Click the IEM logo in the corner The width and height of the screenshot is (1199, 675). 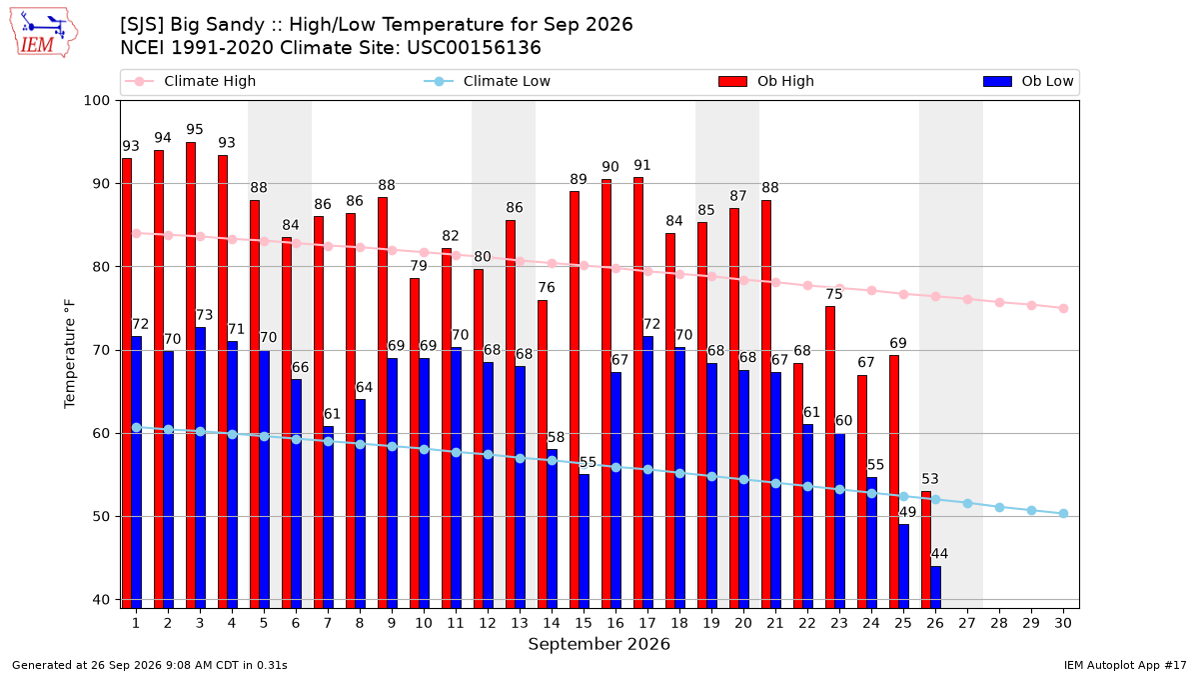coord(43,33)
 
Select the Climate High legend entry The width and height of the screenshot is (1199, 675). coord(190,81)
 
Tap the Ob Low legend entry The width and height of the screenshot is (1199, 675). coord(1028,81)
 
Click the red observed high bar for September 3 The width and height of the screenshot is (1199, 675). coord(191,375)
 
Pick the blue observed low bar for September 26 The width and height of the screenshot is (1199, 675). coord(935,587)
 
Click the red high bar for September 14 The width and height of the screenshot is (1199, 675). coord(543,454)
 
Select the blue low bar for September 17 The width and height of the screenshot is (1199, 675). coord(647,472)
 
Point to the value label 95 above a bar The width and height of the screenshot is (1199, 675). coord(195,130)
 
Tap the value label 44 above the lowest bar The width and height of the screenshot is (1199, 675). coord(939,553)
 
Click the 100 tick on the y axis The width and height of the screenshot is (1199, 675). coord(96,101)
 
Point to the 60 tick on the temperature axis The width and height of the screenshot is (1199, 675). coord(101,433)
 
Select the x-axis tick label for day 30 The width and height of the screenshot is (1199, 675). coord(1063,623)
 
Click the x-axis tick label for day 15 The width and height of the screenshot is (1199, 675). coord(584,623)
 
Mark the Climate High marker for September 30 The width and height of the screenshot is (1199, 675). coord(1063,309)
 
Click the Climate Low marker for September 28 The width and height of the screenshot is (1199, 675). coord(999,507)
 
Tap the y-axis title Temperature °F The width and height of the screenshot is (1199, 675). coord(70,354)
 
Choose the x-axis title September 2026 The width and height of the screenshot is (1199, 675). coord(599,644)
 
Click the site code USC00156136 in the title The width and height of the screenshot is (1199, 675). coord(474,48)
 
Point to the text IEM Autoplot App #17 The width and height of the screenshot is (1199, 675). coord(1125,665)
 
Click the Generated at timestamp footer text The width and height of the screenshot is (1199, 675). coord(149,665)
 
